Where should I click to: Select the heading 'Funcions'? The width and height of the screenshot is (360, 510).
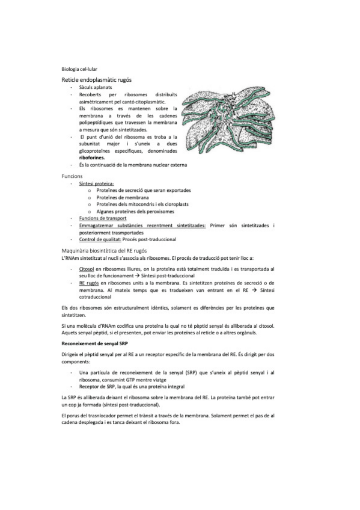click(72, 176)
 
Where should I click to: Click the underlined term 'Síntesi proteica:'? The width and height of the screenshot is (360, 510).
click(96, 183)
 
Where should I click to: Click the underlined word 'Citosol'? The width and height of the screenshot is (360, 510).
click(87, 269)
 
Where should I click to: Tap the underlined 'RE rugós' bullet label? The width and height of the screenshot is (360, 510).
click(89, 283)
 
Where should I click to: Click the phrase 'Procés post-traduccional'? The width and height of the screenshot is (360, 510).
click(148, 239)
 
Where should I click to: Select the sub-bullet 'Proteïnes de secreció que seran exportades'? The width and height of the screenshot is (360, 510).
click(144, 190)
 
